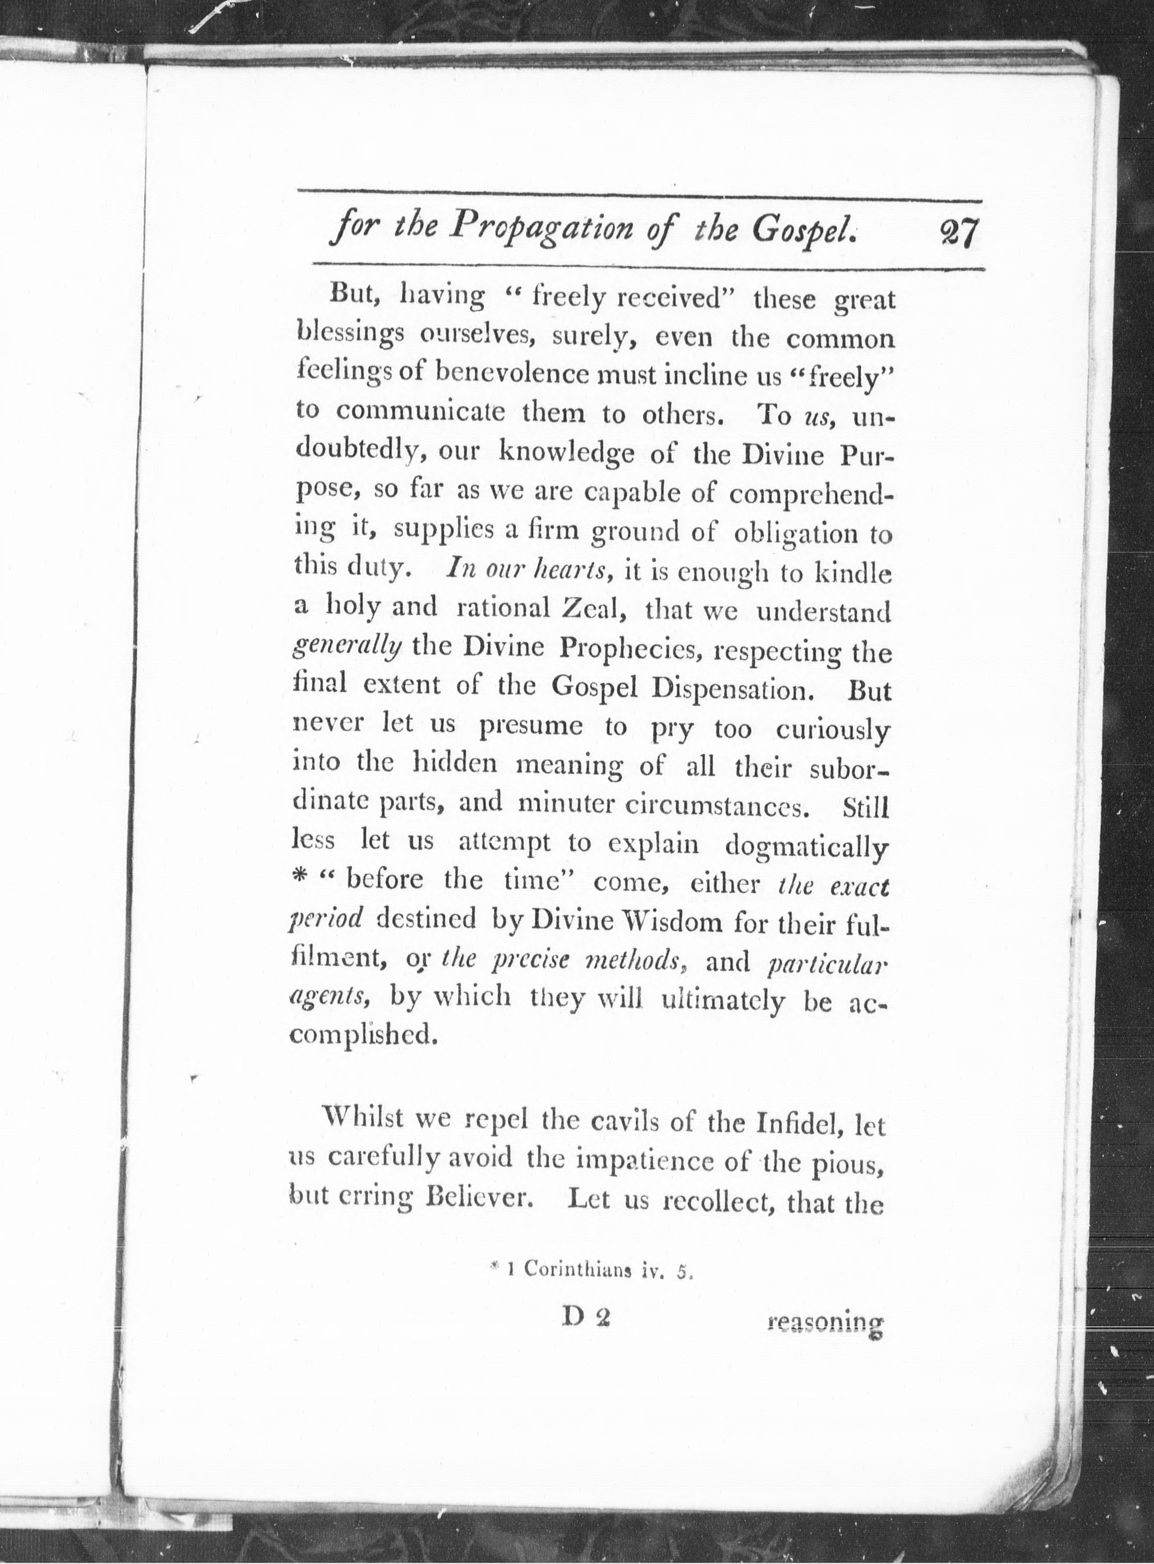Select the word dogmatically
coord(807,845)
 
